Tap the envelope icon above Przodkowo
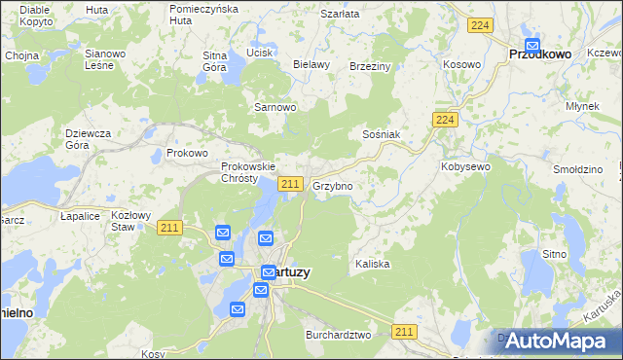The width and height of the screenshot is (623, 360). click(x=532, y=44)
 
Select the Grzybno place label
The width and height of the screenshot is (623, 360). click(x=332, y=185)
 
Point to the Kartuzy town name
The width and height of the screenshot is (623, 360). click(x=288, y=273)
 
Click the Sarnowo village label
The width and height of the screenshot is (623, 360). click(x=274, y=107)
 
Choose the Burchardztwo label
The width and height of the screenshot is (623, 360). click(x=338, y=335)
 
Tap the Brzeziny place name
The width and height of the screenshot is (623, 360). click(x=369, y=66)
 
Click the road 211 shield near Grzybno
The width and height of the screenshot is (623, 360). click(x=289, y=184)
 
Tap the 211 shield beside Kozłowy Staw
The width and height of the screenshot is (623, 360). click(x=168, y=228)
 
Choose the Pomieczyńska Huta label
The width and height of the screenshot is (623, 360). click(x=203, y=14)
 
